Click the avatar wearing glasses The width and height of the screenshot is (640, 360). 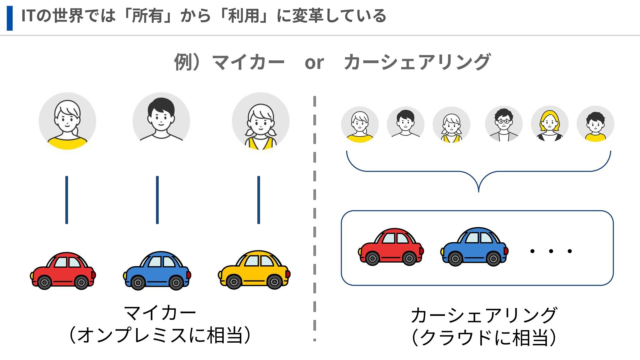pyautogui.click(x=504, y=124)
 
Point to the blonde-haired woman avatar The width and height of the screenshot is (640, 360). pyautogui.click(x=550, y=124)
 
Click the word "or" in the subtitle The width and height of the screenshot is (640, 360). pyautogui.click(x=314, y=63)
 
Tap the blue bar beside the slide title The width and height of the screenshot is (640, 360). pyautogui.click(x=10, y=18)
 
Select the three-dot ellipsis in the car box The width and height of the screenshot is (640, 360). pyautogui.click(x=551, y=251)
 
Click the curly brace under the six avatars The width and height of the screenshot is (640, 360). pyautogui.click(x=479, y=172)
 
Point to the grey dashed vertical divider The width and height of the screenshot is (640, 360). pyautogui.click(x=314, y=217)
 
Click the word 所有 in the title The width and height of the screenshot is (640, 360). pyautogui.click(x=147, y=16)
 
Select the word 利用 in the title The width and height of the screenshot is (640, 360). pyautogui.click(x=243, y=16)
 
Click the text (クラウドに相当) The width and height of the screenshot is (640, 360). pyautogui.click(x=484, y=337)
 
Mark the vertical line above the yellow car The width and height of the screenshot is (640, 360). pyautogui.click(x=259, y=200)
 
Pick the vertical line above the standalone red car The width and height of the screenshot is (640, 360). pyautogui.click(x=67, y=200)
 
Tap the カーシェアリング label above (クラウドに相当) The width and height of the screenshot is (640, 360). pyautogui.click(x=484, y=315)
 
